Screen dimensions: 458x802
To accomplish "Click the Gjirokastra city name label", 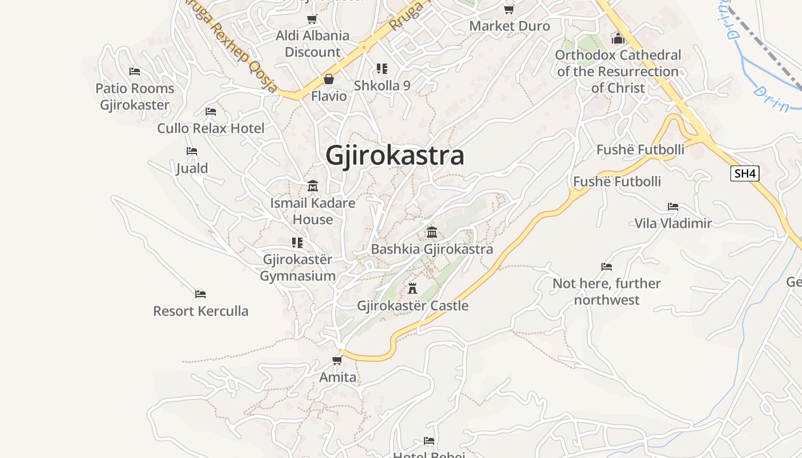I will (x=395, y=156).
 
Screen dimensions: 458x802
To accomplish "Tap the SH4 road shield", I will (x=745, y=173).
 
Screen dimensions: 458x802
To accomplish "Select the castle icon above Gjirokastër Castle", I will (x=412, y=288).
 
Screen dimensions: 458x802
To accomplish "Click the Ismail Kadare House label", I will (x=313, y=211).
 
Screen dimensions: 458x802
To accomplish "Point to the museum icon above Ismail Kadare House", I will (x=313, y=185).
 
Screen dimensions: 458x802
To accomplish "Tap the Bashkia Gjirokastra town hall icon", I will (x=432, y=232).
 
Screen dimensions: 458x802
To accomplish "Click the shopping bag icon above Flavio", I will (x=329, y=78).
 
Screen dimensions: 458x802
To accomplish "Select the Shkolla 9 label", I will (x=382, y=86).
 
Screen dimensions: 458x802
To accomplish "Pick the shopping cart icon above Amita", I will (x=337, y=360).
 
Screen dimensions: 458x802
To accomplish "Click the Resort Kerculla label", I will (x=200, y=311).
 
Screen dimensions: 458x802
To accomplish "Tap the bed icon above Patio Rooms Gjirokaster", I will (x=135, y=71).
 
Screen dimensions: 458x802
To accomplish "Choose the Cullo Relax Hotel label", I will (x=211, y=128).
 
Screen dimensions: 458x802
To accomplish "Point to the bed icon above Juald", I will (x=192, y=151).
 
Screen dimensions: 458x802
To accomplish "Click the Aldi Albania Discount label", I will (x=313, y=44).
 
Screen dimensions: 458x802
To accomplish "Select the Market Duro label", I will (x=509, y=26).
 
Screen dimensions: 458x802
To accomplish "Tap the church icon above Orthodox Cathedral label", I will (x=618, y=38).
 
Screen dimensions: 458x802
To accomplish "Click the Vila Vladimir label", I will (x=673, y=223).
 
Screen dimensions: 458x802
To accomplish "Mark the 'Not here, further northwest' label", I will (x=607, y=291).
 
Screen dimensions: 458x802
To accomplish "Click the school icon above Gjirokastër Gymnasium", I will (x=297, y=242).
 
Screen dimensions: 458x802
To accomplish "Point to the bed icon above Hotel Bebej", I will (x=429, y=440).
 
